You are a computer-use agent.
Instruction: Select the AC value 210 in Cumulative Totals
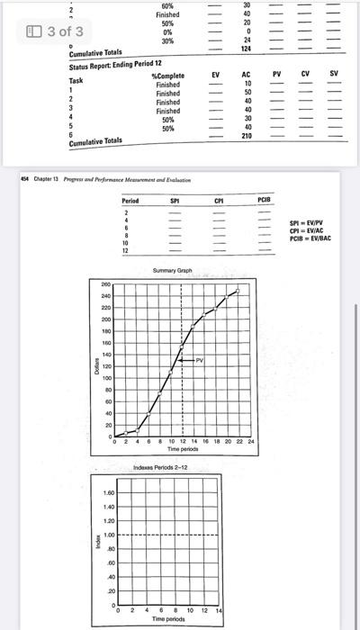(247, 137)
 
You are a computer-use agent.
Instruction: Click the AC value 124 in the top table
(247, 49)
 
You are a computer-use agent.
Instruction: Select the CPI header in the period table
(219, 198)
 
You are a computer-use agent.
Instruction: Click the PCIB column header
(263, 198)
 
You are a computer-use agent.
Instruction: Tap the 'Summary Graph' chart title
(173, 270)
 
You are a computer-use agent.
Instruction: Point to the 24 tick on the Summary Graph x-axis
(251, 442)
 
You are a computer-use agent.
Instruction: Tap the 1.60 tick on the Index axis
(108, 493)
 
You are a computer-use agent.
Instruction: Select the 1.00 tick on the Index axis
(108, 535)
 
